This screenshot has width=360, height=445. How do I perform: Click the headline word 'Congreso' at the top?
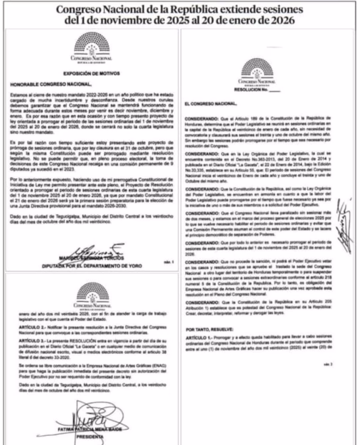coord(82,10)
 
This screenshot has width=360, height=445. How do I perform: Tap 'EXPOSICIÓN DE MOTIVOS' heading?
coord(91,73)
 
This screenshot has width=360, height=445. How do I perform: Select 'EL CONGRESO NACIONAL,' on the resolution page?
coord(211,104)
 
